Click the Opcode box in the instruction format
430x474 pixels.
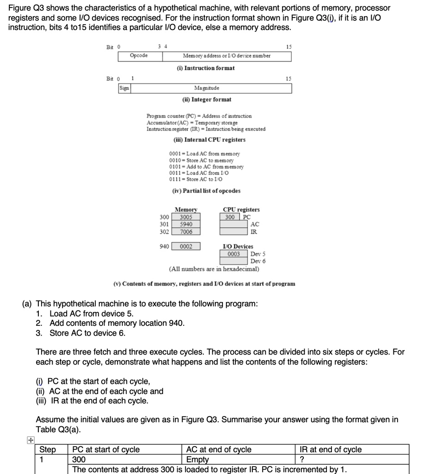click(140, 56)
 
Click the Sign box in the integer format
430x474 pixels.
click(124, 88)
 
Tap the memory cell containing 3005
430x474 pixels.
click(186, 217)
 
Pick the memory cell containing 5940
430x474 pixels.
click(186, 225)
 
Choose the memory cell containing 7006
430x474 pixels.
click(186, 232)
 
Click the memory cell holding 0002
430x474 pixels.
click(186, 247)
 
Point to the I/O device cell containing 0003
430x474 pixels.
click(234, 254)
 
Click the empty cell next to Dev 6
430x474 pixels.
click(234, 261)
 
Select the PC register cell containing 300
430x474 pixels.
click(230, 217)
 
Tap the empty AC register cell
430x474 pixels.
click(234, 225)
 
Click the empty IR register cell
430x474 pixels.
click(234, 232)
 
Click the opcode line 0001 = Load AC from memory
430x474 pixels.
click(205, 154)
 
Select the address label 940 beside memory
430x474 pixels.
click(164, 247)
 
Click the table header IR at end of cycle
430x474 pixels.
click(331, 449)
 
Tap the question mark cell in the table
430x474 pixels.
click(302, 460)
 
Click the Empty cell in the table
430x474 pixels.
click(197, 460)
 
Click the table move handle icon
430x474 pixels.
click(30, 441)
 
